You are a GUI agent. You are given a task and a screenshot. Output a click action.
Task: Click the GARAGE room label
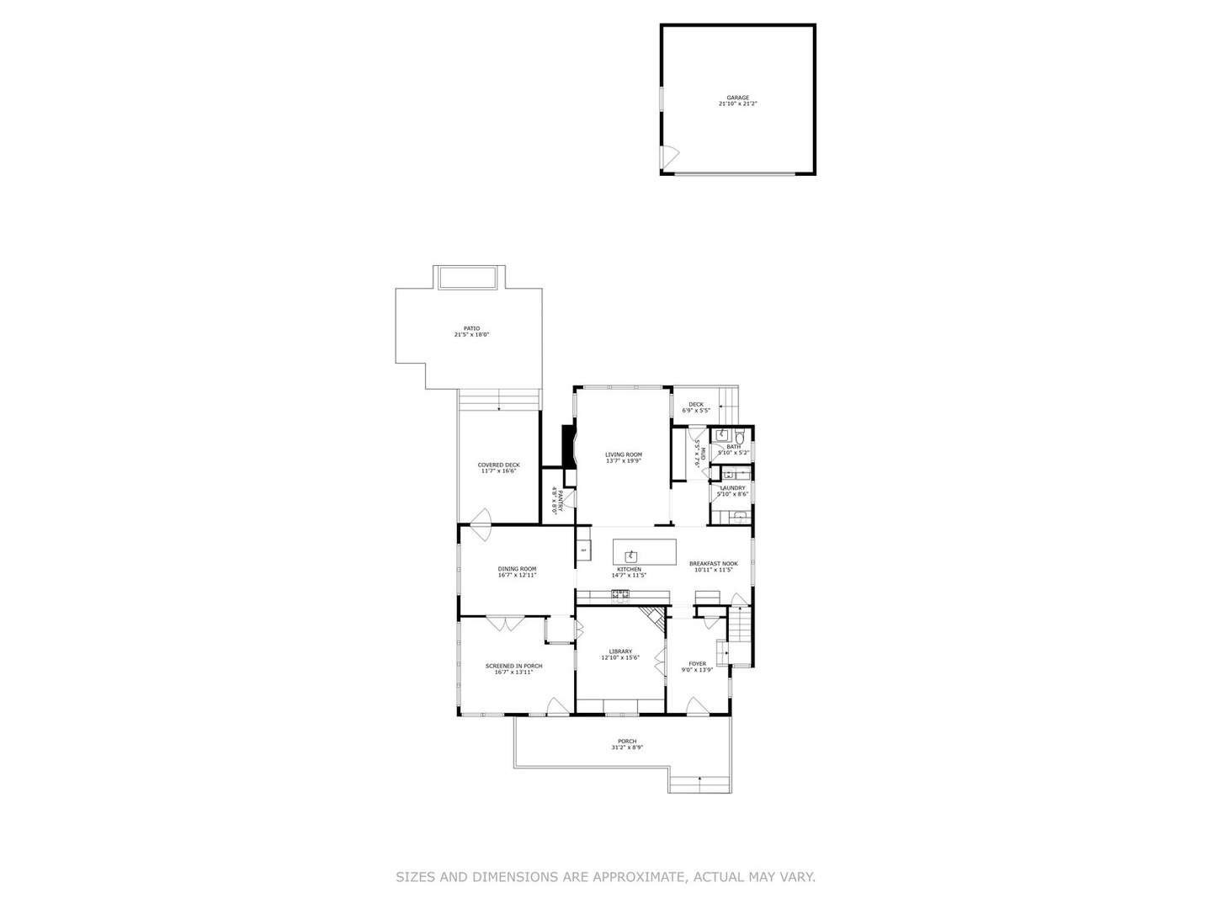737,98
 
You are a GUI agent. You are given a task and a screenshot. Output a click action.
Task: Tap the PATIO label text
471,328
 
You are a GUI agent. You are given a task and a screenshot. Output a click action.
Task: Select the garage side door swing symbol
670,155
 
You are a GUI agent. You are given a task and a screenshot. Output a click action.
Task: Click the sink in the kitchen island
630,555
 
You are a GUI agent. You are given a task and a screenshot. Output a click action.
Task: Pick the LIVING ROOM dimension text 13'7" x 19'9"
623,460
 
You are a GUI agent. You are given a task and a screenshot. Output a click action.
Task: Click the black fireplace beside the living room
568,445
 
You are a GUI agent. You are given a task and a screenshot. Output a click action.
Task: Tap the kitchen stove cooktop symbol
620,597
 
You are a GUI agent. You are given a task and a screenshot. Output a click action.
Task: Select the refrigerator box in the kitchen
583,550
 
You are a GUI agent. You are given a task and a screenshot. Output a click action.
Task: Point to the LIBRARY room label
620,651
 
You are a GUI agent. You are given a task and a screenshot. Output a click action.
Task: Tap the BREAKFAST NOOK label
713,563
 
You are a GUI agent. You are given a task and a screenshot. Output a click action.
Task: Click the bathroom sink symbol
721,435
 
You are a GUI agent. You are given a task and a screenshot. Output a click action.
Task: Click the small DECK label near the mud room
696,404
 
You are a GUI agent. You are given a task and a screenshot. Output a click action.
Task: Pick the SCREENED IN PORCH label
513,666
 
